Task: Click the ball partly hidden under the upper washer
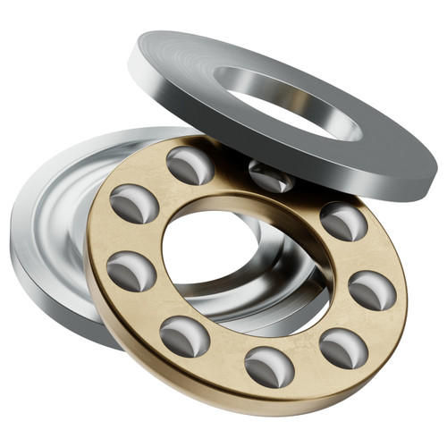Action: (271, 176)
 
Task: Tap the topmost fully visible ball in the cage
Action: (190, 164)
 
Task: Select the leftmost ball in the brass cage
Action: (131, 270)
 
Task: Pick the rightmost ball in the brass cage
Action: (371, 290)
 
